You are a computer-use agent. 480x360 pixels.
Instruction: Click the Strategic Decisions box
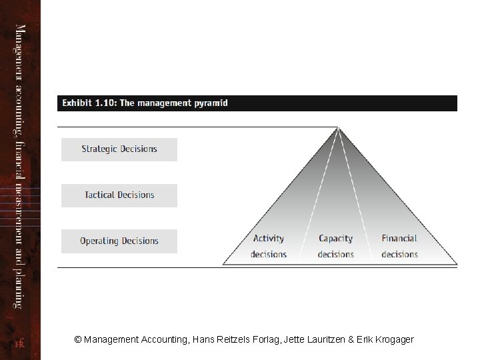pos(119,149)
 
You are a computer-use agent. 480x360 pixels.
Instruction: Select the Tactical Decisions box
pos(119,195)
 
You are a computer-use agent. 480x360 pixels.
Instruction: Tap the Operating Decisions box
pos(119,241)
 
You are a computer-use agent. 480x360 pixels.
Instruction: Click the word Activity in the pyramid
pos(269,239)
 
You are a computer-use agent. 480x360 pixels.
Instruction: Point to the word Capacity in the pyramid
pos(335,239)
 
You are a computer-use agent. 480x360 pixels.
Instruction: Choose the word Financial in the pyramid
pos(399,239)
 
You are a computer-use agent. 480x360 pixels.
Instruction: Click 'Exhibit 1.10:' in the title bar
pos(89,103)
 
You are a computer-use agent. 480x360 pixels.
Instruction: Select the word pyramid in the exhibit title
pos(211,103)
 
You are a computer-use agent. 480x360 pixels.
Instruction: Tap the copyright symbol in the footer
pos(78,339)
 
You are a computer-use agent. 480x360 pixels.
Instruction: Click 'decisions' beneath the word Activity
pos(269,255)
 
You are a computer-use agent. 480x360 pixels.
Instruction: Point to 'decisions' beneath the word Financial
pos(399,255)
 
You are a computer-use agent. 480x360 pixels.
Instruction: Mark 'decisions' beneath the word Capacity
pos(335,255)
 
